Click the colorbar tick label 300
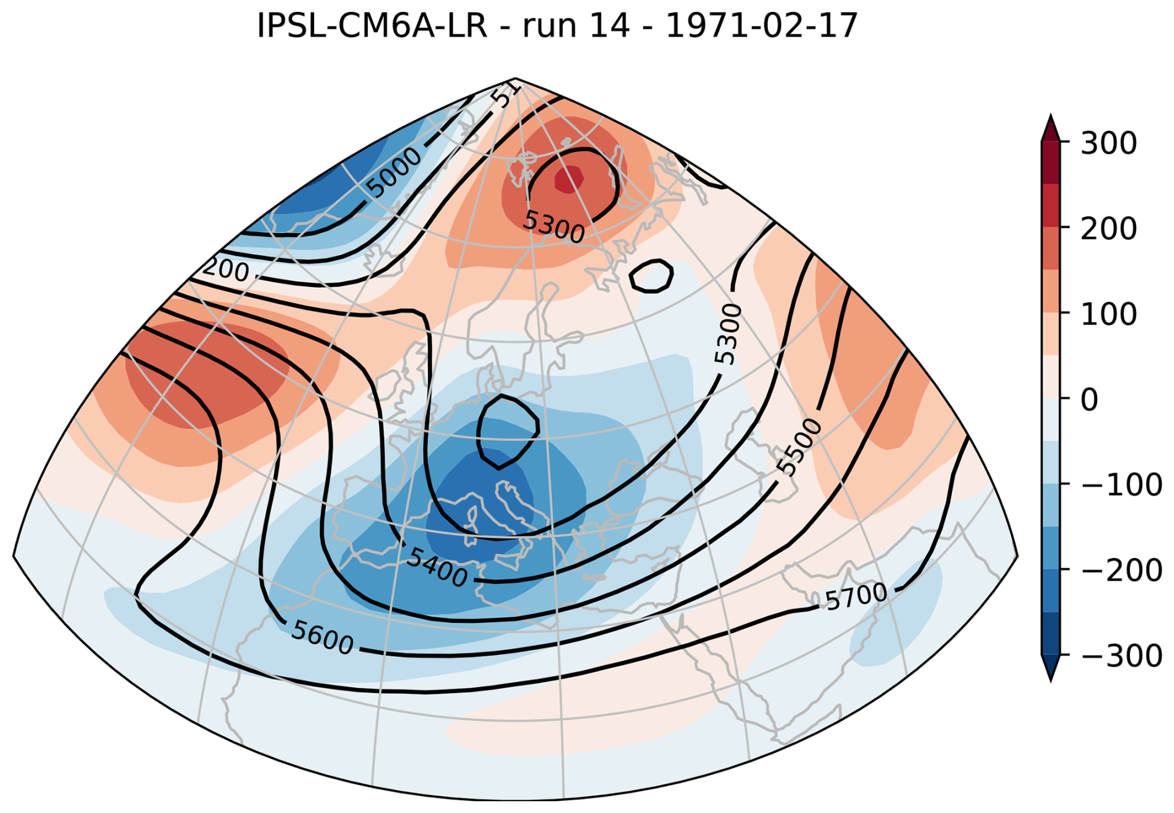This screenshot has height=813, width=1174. pyautogui.click(x=1108, y=143)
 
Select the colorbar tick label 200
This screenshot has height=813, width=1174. pyautogui.click(x=1108, y=229)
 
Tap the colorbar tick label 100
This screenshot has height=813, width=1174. pyautogui.click(x=1108, y=314)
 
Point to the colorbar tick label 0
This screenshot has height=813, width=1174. pyautogui.click(x=1089, y=400)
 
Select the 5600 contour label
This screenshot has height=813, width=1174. pyautogui.click(x=323, y=637)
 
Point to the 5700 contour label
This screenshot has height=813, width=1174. pyautogui.click(x=856, y=597)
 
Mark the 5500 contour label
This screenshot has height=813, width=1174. pyautogui.click(x=800, y=446)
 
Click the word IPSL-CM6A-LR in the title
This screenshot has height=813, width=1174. pyautogui.click(x=372, y=26)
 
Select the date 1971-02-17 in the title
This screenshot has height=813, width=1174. pyautogui.click(x=761, y=26)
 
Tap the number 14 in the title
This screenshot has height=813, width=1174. pyautogui.click(x=609, y=26)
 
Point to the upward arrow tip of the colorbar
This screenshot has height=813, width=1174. pyautogui.click(x=1051, y=118)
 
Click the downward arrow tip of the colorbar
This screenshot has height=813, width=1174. pyautogui.click(x=1051, y=679)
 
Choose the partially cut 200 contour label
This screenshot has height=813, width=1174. pyautogui.click(x=226, y=270)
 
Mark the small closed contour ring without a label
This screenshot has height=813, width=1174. pyautogui.click(x=651, y=276)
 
